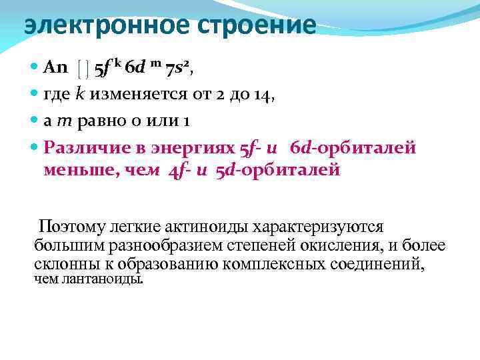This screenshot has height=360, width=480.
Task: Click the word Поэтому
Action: click(69, 227)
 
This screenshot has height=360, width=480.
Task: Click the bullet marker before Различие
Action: click(34, 148)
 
